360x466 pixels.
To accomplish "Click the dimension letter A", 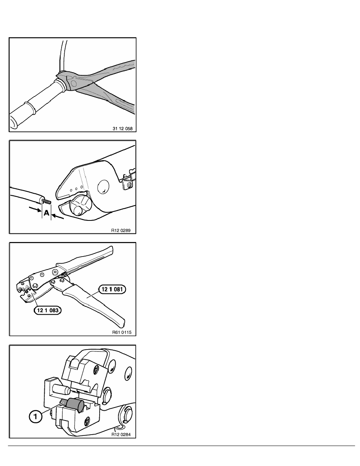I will (46, 213).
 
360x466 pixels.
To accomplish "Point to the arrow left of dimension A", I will (35, 210).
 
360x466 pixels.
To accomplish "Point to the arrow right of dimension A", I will (57, 216).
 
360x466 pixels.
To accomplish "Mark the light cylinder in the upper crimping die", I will (61, 390).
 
